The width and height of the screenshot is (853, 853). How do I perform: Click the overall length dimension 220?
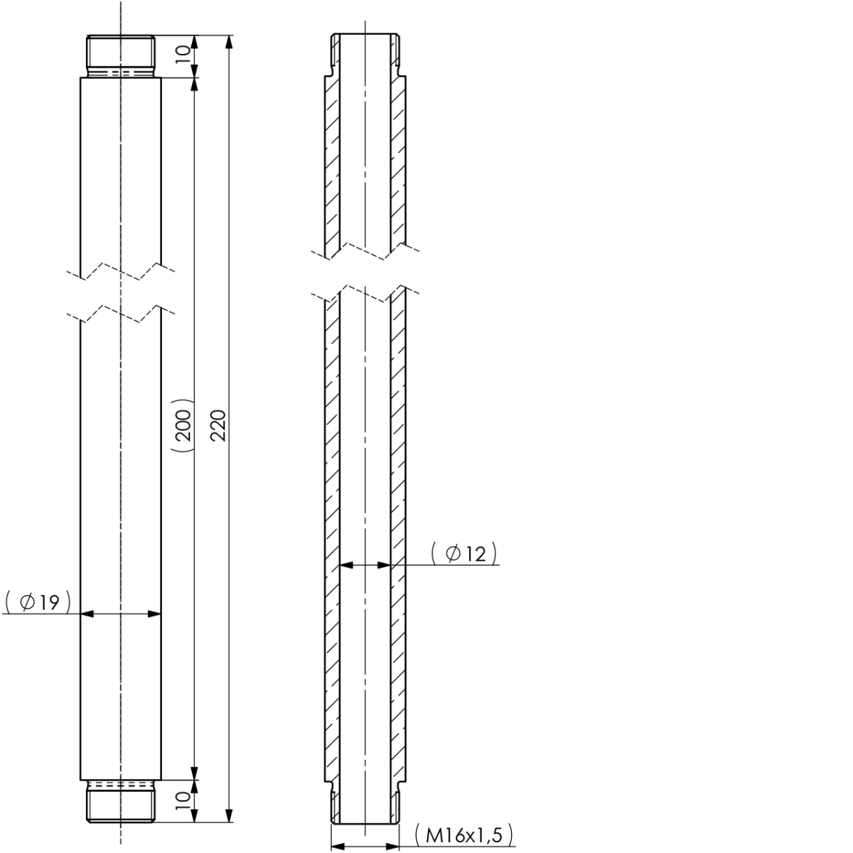click(x=219, y=425)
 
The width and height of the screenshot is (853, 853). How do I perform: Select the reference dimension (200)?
click(x=183, y=425)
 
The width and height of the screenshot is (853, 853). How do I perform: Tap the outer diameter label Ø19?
click(x=38, y=602)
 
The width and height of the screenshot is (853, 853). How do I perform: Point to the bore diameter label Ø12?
click(x=463, y=554)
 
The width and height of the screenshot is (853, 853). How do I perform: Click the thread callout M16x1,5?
click(x=463, y=836)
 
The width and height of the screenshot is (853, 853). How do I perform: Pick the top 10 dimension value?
click(x=183, y=55)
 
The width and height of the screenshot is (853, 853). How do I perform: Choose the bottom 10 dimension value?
click(x=183, y=797)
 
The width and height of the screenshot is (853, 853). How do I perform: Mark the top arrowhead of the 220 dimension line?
click(x=228, y=41)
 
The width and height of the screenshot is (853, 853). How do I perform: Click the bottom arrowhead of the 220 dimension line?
click(x=228, y=815)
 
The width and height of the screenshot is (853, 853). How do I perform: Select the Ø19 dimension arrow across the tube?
click(x=121, y=613)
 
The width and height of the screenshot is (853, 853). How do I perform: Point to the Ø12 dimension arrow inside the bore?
click(x=365, y=566)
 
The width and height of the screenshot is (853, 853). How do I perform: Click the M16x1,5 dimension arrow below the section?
click(x=365, y=847)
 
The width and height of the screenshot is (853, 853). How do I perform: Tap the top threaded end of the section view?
click(x=365, y=53)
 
